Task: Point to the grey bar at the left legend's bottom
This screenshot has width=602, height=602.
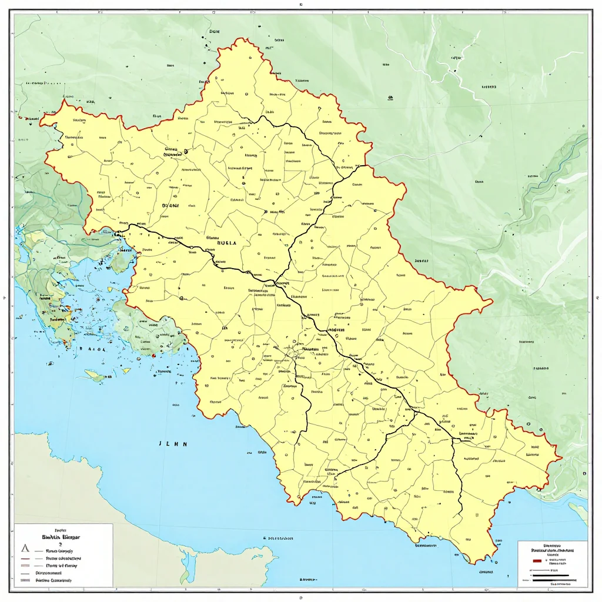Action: tap(25, 580)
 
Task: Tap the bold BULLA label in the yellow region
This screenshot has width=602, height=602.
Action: tap(226, 242)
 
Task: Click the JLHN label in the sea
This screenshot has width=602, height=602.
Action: tap(173, 444)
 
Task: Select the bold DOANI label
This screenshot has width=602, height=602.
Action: tap(170, 206)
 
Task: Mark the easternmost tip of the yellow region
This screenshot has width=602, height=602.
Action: tap(561, 457)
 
